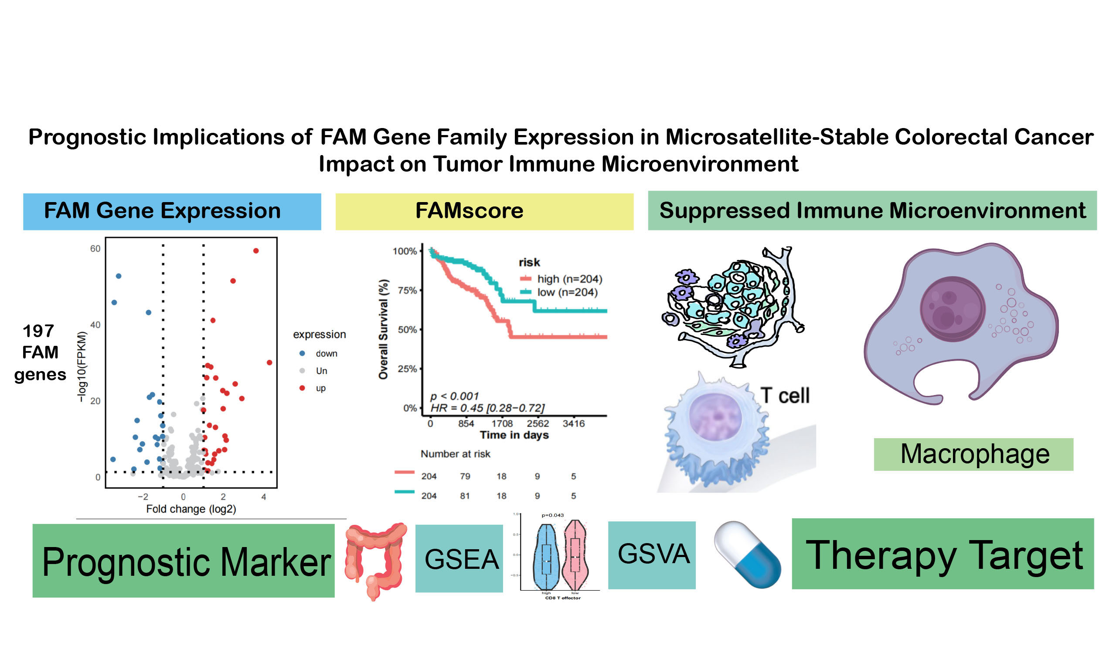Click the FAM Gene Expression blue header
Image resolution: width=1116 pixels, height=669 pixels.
click(x=172, y=211)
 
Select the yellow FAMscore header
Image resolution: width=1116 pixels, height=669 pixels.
click(x=484, y=211)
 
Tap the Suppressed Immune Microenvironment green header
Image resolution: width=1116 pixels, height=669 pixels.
click(x=872, y=210)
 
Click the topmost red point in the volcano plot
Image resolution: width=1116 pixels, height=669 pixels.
click(x=256, y=250)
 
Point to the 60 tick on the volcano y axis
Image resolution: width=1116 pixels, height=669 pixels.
click(x=95, y=249)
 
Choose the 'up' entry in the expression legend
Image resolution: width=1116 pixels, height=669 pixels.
click(x=320, y=388)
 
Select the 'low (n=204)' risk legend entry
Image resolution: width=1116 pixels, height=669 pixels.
click(x=567, y=293)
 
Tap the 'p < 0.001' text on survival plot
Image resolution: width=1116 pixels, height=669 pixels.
click(x=454, y=396)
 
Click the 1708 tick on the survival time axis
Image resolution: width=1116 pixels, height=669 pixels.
click(x=502, y=424)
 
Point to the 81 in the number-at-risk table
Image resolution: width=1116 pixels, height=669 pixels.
click(x=465, y=496)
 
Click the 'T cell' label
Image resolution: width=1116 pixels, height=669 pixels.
click(x=784, y=396)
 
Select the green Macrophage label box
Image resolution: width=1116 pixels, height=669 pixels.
click(x=973, y=454)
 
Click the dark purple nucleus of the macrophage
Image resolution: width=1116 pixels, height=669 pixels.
click(x=952, y=309)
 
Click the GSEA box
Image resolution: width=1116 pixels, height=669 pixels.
click(x=459, y=558)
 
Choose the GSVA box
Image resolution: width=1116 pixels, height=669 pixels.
click(x=651, y=555)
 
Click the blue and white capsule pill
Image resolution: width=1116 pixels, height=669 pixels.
click(x=747, y=554)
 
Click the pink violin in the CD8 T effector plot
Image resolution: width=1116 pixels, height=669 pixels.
click(x=575, y=554)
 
